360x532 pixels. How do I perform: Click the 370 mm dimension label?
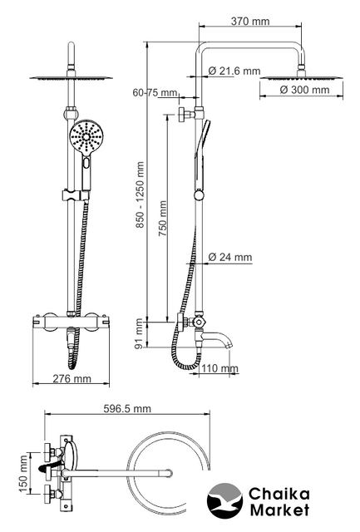[250, 22]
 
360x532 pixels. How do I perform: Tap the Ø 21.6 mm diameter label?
[234, 71]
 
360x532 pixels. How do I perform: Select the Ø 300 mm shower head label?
[304, 90]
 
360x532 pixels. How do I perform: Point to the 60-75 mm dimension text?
[155, 92]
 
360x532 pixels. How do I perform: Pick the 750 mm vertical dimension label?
[163, 219]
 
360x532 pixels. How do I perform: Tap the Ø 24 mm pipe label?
[230, 257]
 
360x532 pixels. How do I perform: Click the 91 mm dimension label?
[139, 334]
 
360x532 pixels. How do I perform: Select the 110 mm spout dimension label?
[219, 368]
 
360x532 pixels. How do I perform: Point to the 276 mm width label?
[72, 379]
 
